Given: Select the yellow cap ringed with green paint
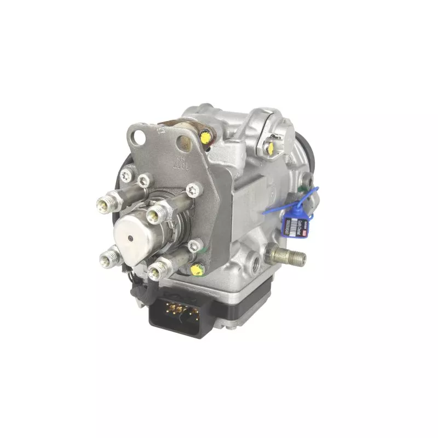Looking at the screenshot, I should click(195, 269).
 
